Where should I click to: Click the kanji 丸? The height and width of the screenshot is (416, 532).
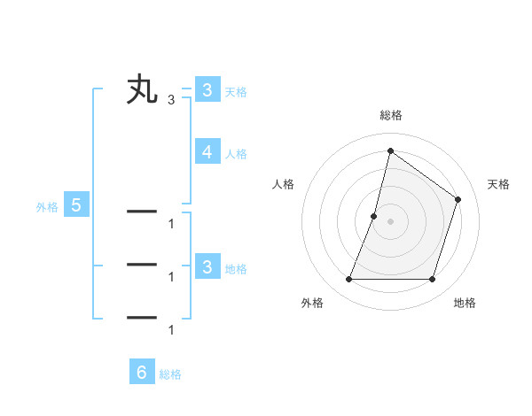(x=142, y=90)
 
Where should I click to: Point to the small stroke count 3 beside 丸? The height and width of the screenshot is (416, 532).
(x=171, y=100)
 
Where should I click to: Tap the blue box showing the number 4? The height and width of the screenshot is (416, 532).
(x=207, y=152)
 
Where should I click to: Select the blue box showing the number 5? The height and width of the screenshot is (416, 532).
(x=76, y=206)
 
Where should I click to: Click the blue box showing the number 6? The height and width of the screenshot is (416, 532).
(x=141, y=373)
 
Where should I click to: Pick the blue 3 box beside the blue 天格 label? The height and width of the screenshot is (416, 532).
(x=207, y=90)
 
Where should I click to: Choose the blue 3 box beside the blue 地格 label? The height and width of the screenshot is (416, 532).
(x=207, y=267)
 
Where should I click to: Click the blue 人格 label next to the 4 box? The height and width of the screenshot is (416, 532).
(x=236, y=154)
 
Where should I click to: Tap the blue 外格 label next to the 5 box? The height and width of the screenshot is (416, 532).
(x=47, y=208)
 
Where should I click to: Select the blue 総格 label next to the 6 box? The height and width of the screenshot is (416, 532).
(x=170, y=374)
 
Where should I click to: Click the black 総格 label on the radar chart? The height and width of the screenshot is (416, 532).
(x=391, y=116)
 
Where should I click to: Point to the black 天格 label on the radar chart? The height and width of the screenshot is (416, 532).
(x=499, y=184)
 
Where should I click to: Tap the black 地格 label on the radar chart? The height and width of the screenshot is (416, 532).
(x=465, y=304)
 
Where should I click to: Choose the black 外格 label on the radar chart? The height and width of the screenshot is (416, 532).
(x=312, y=304)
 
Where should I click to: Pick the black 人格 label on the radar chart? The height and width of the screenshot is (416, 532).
(x=283, y=184)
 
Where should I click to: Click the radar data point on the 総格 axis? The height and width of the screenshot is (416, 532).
(x=390, y=150)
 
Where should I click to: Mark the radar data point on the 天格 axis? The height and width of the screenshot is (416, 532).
(x=458, y=199)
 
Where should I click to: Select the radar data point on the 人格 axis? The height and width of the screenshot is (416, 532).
(x=374, y=216)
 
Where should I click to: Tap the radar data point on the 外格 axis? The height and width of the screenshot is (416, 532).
(x=348, y=280)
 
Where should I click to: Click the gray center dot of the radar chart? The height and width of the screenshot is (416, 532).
(x=390, y=221)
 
